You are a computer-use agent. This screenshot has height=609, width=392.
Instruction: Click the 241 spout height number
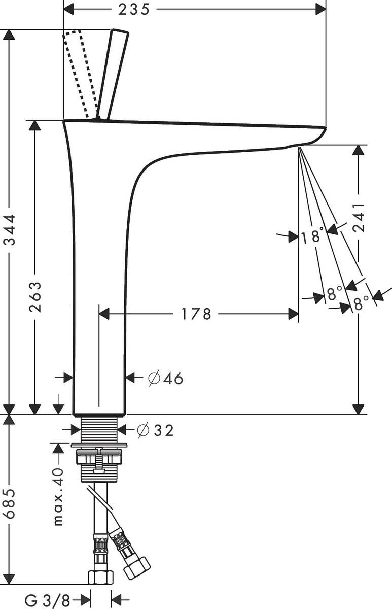point(359,218)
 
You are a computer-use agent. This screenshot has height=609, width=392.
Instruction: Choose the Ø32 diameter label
point(155,430)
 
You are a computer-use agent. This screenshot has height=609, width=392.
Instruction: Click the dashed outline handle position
point(81,74)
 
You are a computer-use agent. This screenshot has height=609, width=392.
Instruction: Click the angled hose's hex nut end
point(137,567)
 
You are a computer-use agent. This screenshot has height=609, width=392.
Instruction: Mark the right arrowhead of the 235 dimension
point(320,9)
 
